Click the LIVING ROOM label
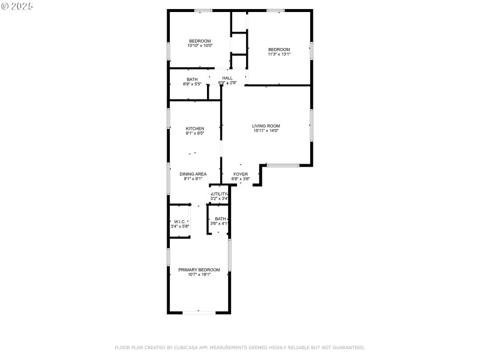coord(266,126)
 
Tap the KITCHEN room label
coord(194,128)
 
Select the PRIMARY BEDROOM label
coord(199,270)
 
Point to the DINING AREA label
coord(193,174)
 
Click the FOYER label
coord(241,174)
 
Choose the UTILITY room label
coord(220,194)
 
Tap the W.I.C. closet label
coord(179,221)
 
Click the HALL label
coord(227,78)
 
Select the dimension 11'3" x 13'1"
coord(279,54)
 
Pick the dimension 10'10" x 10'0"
coord(200,46)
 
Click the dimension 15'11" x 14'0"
coord(266,131)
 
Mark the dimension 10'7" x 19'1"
coord(199,275)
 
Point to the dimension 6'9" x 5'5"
coord(192,84)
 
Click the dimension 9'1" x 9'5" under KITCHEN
coord(194,133)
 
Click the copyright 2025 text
coord(17,5)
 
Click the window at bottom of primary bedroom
coord(199,312)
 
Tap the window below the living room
coord(283,165)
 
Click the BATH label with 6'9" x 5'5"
coord(192,79)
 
